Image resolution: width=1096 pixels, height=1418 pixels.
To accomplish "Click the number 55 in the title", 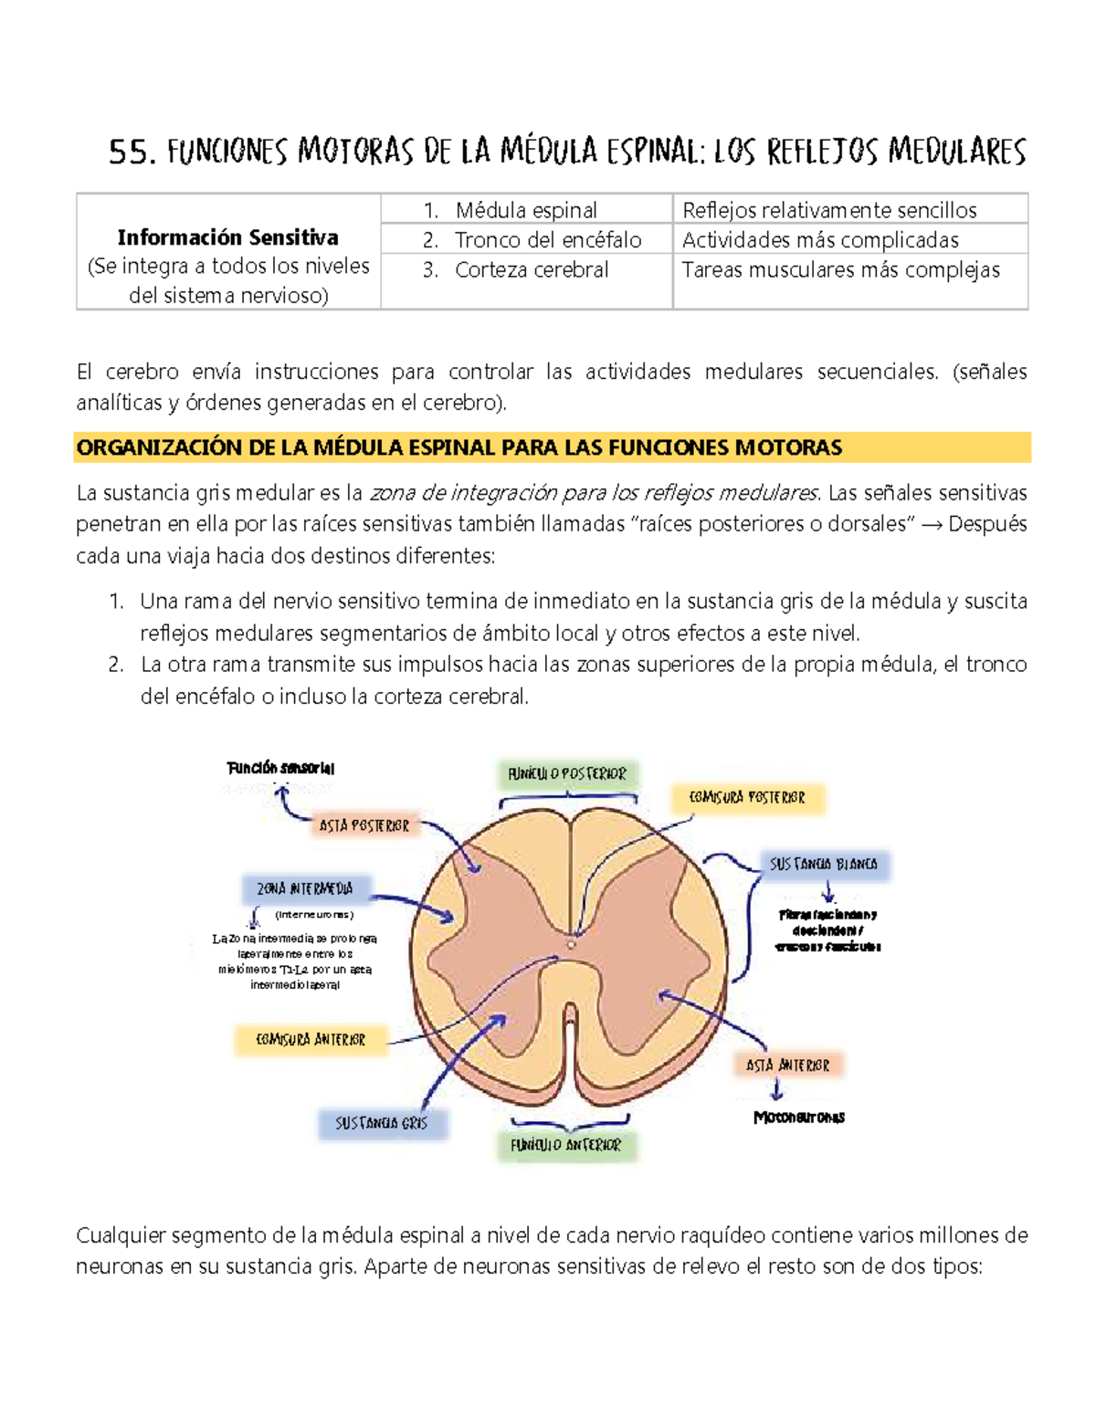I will coord(127,152).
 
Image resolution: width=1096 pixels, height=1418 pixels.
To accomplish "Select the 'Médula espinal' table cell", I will coord(526,210).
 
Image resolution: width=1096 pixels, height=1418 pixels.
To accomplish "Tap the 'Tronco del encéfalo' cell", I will coord(547,240).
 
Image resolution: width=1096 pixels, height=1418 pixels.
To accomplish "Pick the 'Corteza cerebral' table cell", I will coord(531,270).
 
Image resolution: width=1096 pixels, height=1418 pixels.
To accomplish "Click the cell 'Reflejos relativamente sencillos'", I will coord(829,210).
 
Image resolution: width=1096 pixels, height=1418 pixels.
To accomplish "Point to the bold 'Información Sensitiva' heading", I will coord(227,237).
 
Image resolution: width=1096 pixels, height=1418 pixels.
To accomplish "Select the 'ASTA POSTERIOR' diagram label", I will coord(364,825).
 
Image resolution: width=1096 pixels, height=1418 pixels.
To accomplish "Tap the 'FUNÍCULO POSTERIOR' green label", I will coord(567,774).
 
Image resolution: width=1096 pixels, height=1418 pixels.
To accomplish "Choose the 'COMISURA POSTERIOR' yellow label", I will coord(747,798).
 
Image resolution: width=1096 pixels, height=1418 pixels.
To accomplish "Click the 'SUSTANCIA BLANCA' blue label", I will coord(823,864).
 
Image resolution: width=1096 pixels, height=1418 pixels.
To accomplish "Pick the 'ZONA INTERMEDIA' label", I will coord(304,888).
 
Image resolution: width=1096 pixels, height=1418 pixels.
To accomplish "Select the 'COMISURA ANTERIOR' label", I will coord(311,1040).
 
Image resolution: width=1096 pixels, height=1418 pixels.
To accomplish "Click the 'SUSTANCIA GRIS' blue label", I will coord(381,1124).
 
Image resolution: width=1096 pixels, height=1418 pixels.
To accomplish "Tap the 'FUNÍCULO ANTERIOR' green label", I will coord(565,1145).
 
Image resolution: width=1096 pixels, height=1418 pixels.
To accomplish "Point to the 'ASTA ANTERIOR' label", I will coord(787,1066).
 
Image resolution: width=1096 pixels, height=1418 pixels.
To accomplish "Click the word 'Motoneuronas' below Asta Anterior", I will coord(798,1118).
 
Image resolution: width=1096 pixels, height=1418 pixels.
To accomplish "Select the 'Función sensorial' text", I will coord(280,768).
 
